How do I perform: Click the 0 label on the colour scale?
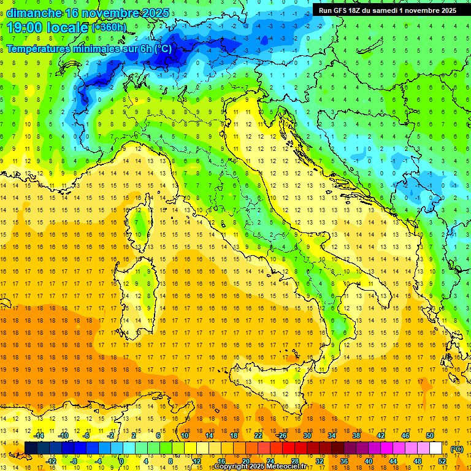pos(121,461)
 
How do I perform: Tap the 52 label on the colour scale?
pos(442,461)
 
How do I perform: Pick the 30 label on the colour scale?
pos(307,435)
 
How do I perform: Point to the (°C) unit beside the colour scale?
pos(457,449)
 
